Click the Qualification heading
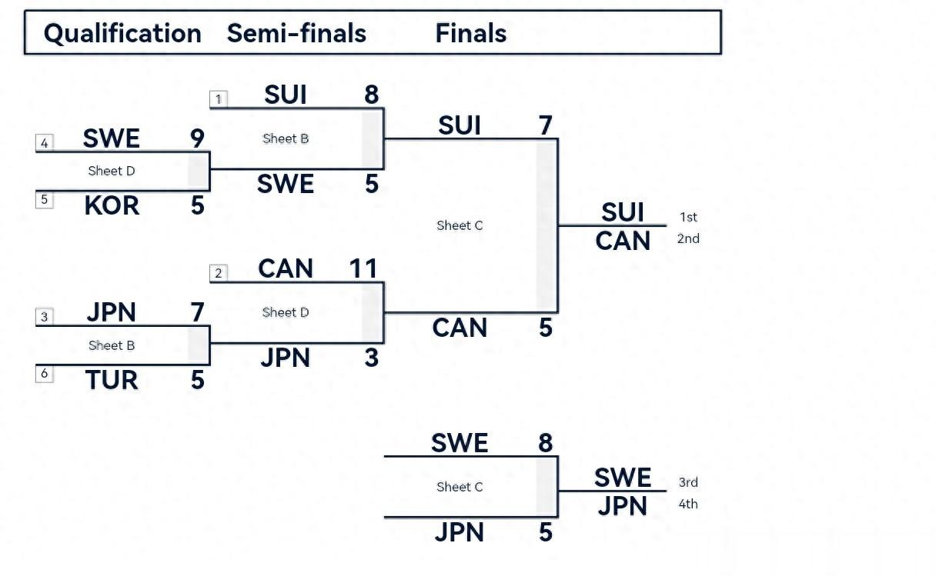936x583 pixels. click(x=122, y=33)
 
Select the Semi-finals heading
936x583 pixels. click(x=296, y=33)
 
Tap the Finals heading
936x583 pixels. click(x=470, y=33)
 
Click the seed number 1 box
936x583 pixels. click(x=219, y=99)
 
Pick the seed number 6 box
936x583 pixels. click(x=45, y=374)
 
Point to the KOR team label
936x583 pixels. click(x=112, y=205)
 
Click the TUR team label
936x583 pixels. click(x=112, y=380)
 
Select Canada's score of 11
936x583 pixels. click(x=363, y=268)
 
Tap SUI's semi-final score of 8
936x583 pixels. click(x=371, y=95)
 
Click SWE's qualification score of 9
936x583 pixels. click(x=197, y=138)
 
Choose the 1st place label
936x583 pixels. click(x=688, y=218)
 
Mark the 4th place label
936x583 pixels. click(x=688, y=505)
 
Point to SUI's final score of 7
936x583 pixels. click(x=546, y=125)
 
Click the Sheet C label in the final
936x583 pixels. click(x=460, y=225)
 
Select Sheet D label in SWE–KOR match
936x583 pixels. click(x=112, y=171)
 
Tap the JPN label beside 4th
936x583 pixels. click(x=622, y=507)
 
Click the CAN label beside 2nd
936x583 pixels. click(x=623, y=242)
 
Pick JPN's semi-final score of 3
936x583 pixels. click(x=371, y=358)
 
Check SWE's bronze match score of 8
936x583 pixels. click(x=546, y=443)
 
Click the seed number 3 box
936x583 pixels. click(x=45, y=317)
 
